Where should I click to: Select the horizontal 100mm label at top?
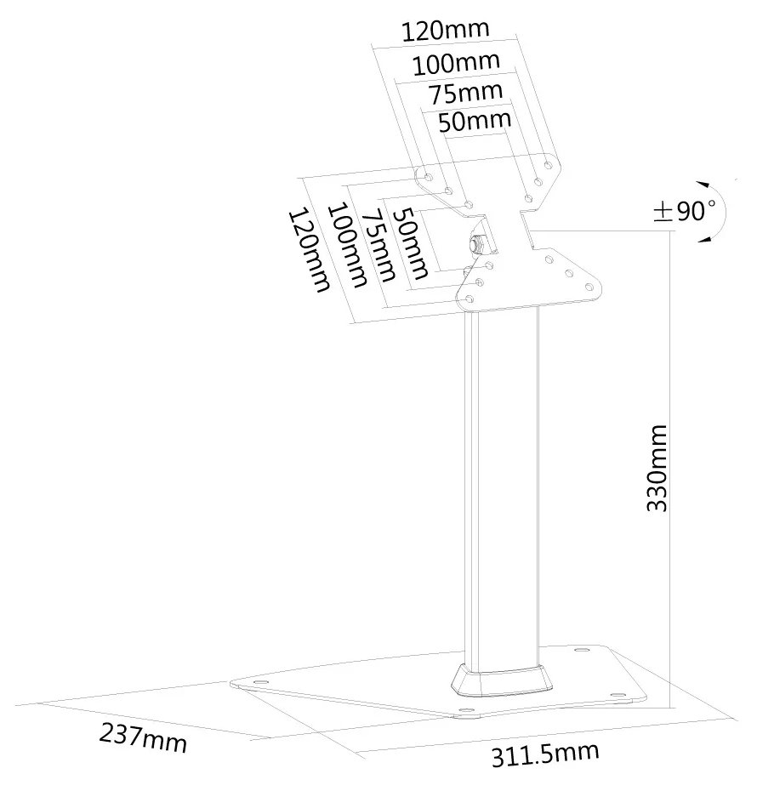coord(455,63)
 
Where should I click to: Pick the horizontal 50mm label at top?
coord(475,121)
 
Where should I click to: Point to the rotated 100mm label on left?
coord(345,245)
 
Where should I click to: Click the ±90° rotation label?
coord(684,210)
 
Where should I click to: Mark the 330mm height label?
coord(657,468)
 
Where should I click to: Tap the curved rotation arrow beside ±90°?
coord(715,210)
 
